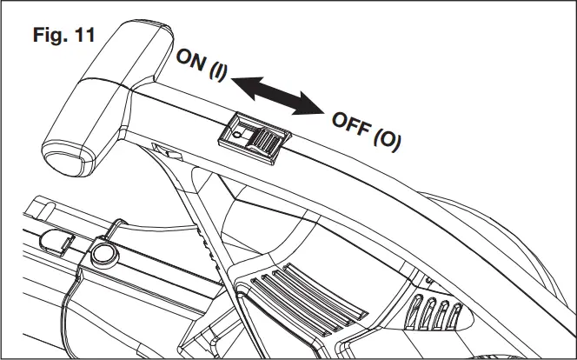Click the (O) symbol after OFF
pyautogui.click(x=386, y=139)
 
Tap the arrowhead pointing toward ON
pyautogui.click(x=242, y=83)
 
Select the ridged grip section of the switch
pyautogui.click(x=269, y=142)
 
